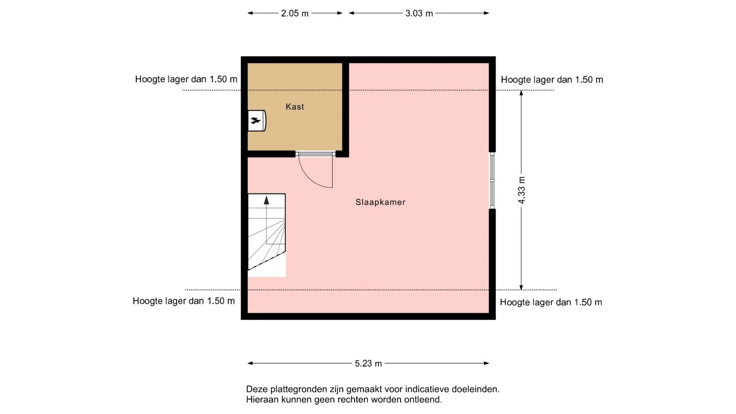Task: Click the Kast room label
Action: [295, 107]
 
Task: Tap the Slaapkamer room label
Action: [380, 202]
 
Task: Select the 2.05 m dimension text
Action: [295, 13]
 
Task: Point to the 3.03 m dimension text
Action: [419, 13]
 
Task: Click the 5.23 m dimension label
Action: [368, 363]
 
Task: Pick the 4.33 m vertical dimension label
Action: [521, 190]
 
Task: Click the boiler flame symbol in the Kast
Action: [256, 121]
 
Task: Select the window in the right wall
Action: [492, 180]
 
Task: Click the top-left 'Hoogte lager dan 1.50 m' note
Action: [186, 79]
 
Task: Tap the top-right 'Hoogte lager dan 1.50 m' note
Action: [552, 80]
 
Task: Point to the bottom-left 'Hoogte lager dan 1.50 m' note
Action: [184, 301]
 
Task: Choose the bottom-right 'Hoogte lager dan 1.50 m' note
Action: [551, 302]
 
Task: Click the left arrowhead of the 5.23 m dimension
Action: [250, 363]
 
